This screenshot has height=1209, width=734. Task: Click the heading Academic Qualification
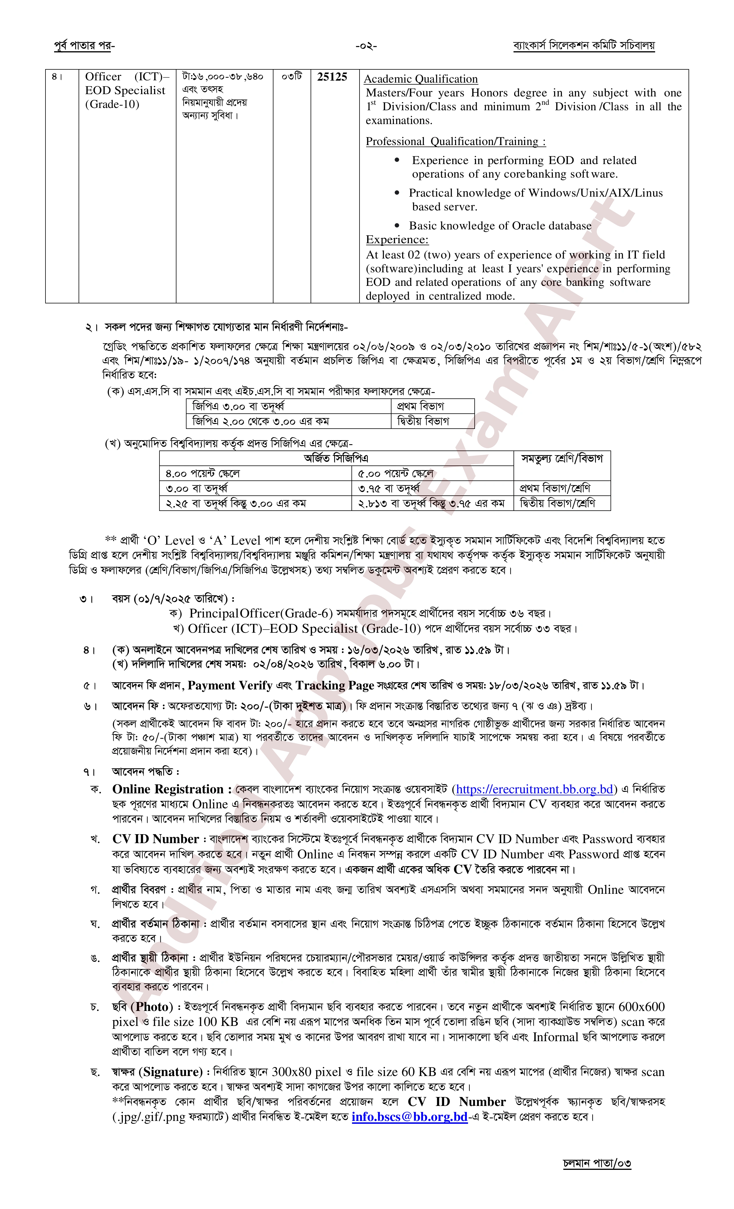pyautogui.click(x=421, y=79)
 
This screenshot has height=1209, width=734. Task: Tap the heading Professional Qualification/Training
pyautogui.click(x=455, y=142)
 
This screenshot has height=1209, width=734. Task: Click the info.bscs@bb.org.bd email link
pyautogui.click(x=409, y=1117)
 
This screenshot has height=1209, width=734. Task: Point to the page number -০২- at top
pyautogui.click(x=366, y=47)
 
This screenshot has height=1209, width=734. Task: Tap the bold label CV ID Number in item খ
pyautogui.click(x=155, y=839)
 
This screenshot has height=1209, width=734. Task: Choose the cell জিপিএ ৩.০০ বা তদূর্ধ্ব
pyautogui.click(x=238, y=406)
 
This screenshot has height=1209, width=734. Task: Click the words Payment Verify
pyautogui.click(x=230, y=685)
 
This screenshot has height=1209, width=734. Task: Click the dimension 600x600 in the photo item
pyautogui.click(x=641, y=1007)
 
